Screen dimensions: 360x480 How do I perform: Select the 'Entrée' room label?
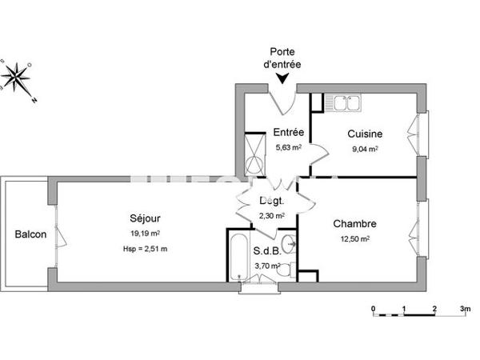pyautogui.click(x=288, y=133)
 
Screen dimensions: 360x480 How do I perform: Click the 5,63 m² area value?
pyautogui.click(x=288, y=147)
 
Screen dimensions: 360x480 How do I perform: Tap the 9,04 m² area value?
pyautogui.click(x=364, y=148)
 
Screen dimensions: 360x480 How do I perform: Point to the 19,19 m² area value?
pyautogui.click(x=145, y=234)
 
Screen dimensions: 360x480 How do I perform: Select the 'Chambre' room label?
pyautogui.click(x=354, y=224)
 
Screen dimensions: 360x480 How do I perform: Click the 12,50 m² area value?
pyautogui.click(x=354, y=239)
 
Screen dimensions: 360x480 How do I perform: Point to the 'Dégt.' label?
pyautogui.click(x=270, y=202)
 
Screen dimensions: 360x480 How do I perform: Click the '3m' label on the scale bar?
pyautogui.click(x=466, y=307)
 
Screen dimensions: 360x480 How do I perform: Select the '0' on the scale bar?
pyautogui.click(x=374, y=307)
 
